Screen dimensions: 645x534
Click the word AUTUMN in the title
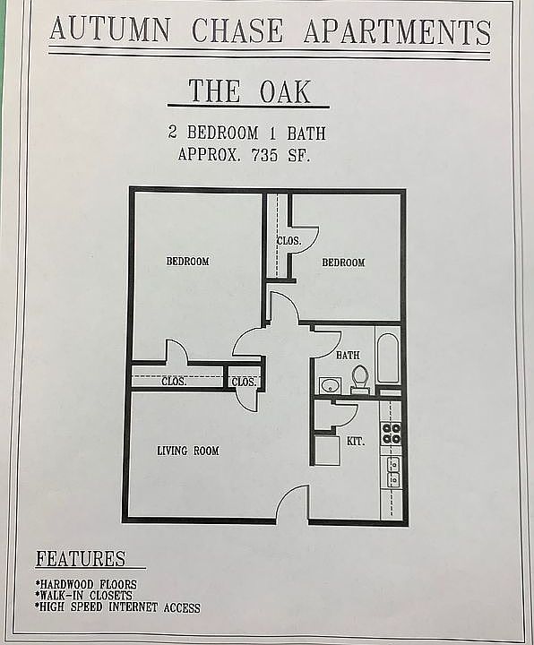pos(109,30)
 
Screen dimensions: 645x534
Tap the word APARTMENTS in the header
pos(397,31)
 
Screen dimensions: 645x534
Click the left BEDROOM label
pos(188,262)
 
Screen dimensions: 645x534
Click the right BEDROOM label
pos(343,262)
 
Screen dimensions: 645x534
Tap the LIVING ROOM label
pos(188,451)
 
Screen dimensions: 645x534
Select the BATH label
pos(348,356)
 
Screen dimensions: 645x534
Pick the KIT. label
pos(356,442)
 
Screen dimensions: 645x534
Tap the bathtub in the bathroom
pos(390,360)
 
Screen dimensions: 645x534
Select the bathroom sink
pos(329,386)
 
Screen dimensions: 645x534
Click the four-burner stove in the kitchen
pos(392,434)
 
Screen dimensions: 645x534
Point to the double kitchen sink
pos(392,471)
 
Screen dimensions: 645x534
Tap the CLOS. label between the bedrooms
pos(289,241)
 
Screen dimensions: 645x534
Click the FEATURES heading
pos(81,560)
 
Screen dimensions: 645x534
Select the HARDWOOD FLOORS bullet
pos(85,583)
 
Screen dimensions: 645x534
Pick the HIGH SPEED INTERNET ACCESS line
pos(117,606)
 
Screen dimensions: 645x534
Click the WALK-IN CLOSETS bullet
pos(83,595)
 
